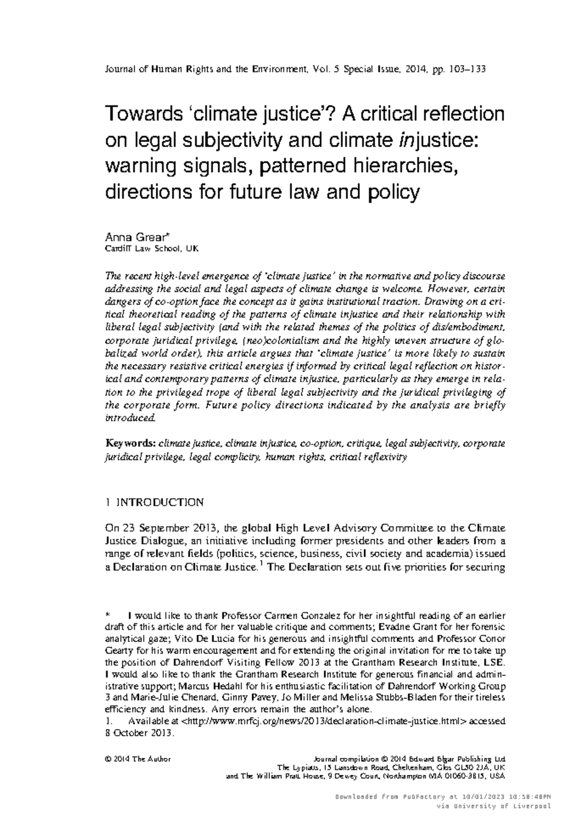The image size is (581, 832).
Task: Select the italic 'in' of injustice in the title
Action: [x=405, y=141]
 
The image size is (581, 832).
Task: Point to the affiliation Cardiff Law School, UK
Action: [x=152, y=249]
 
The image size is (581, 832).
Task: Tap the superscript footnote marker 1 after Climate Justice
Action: [x=261, y=564]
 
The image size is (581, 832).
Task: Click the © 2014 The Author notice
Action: [x=138, y=759]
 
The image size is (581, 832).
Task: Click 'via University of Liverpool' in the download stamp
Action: [x=494, y=806]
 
